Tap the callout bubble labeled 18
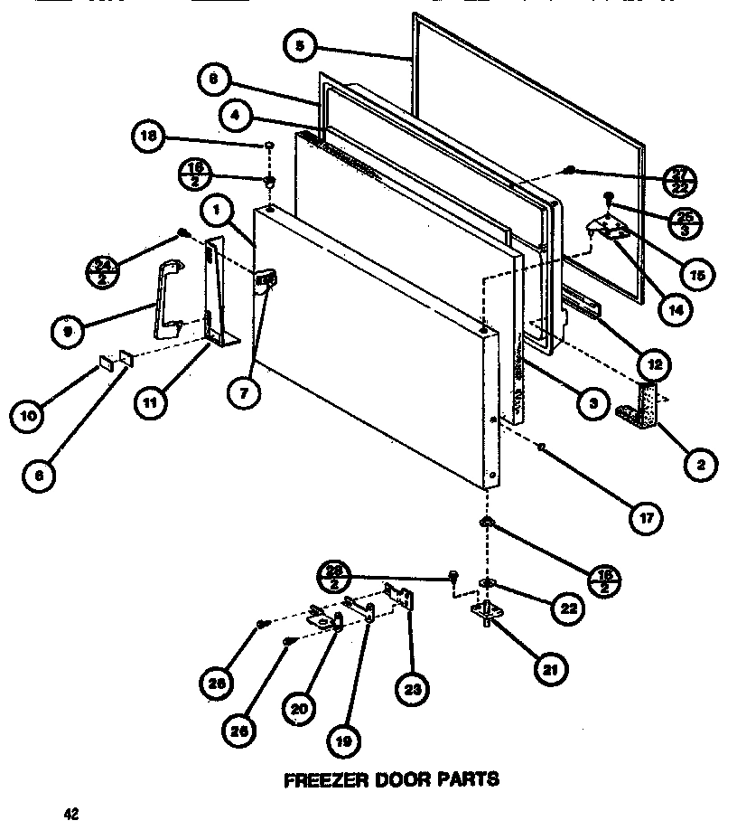pos(147,137)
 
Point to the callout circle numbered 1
pos(218,211)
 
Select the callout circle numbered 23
pos(412,691)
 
